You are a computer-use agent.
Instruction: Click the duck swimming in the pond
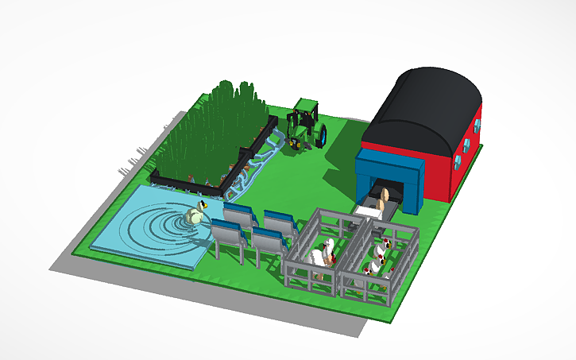point(195,214)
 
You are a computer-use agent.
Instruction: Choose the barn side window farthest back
point(478,125)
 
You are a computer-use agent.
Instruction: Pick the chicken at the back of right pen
point(385,242)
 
